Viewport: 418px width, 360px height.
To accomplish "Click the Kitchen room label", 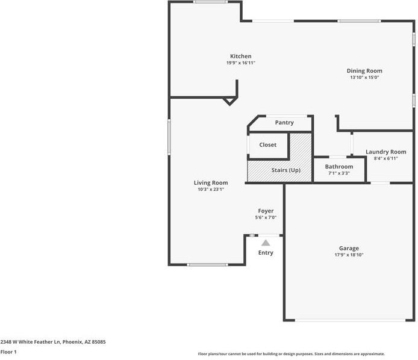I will [x=240, y=57].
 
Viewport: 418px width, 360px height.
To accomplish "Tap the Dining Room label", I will [x=364, y=71].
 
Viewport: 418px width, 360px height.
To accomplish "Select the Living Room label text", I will [x=210, y=183].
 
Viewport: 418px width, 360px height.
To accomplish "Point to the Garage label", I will [x=349, y=248].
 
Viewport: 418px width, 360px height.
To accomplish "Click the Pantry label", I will [x=284, y=123].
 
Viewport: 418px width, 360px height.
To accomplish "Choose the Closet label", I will [x=267, y=145].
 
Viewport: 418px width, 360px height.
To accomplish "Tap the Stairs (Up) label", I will [x=285, y=170].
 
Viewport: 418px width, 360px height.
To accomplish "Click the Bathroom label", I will [x=338, y=167].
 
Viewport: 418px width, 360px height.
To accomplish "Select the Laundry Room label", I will [x=385, y=152].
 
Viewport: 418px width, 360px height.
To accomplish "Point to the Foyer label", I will [x=266, y=211].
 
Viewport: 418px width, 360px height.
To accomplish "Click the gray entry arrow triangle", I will [x=266, y=242].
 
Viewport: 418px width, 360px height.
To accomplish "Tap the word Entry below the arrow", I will [x=266, y=253].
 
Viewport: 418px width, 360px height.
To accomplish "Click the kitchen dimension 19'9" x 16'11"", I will [x=240, y=63].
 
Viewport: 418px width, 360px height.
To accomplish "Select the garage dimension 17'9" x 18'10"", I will [x=349, y=255].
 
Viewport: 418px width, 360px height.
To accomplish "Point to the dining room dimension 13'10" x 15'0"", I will [x=364, y=78].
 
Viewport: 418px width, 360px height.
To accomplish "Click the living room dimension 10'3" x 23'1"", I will [x=210, y=190].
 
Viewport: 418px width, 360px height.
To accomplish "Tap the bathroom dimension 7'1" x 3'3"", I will [x=338, y=173].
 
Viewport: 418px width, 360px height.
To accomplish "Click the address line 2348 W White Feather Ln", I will [x=53, y=342].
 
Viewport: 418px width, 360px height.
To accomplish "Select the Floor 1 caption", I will [x=8, y=352].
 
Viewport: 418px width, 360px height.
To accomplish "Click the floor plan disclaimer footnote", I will [x=291, y=354].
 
